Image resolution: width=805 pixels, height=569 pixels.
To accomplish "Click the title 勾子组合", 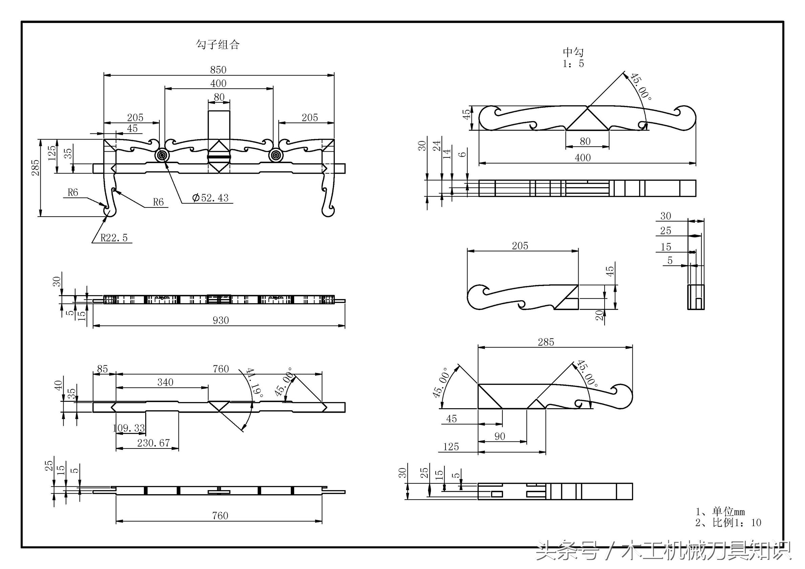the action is [217, 45].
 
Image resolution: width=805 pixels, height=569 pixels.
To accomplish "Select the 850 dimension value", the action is [218, 70].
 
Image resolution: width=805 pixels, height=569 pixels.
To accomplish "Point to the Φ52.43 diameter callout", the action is [210, 198].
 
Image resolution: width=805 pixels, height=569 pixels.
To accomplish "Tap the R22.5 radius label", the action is [114, 238].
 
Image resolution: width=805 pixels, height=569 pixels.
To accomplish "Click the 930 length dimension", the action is [220, 320].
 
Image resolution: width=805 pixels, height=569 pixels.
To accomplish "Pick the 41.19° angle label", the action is [255, 382].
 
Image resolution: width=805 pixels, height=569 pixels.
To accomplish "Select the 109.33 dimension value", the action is [129, 428].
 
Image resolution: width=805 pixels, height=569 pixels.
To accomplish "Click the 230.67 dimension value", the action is [154, 443].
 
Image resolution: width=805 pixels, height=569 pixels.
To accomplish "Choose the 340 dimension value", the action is [165, 382].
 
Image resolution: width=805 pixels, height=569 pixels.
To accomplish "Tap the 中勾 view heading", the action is [573, 52].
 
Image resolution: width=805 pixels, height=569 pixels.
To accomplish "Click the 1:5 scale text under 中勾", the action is [573, 63].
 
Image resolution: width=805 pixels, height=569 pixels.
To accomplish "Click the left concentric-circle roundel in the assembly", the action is [162, 155].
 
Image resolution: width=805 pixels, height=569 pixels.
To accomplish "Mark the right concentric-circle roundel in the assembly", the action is [276, 155].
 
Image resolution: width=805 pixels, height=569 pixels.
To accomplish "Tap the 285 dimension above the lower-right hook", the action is [546, 342].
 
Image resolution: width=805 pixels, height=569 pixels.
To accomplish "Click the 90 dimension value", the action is [500, 436].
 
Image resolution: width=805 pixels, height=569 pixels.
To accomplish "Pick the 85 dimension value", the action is [102, 369].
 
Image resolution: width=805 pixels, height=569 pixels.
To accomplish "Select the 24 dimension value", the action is [436, 146].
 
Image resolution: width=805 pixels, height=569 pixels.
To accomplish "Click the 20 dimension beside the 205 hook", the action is [600, 315].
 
